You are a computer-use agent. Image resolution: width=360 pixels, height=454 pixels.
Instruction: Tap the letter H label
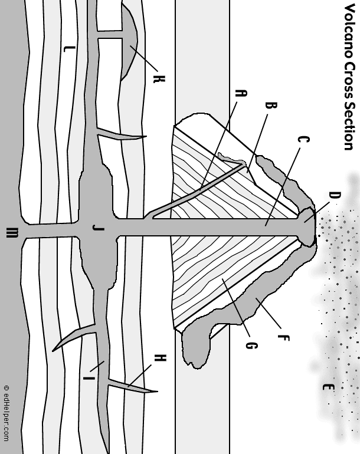[x=159, y=357]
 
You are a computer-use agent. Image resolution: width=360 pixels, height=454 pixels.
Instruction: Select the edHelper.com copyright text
[x=6, y=413]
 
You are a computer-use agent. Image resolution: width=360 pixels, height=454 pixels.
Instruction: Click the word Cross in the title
[x=348, y=78]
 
